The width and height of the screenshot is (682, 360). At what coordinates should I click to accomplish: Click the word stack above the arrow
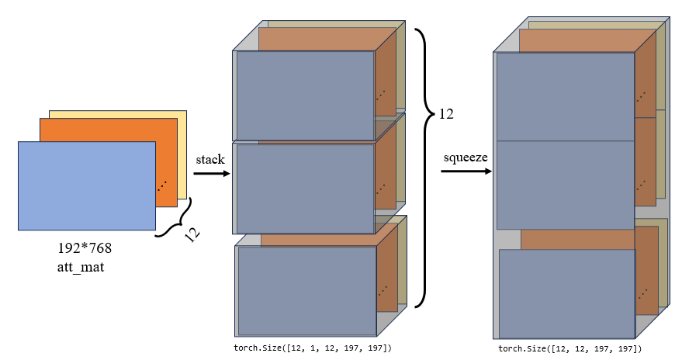pos(210,159)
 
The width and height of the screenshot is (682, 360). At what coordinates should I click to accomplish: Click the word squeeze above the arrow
pos(466,157)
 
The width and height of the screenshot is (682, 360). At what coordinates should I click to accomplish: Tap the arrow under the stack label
pos(211,174)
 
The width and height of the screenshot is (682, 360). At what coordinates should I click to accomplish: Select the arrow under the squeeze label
pos(466,171)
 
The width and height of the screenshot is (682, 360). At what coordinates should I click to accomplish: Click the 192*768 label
pos(85,250)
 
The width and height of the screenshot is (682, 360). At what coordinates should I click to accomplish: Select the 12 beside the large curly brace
pos(445,114)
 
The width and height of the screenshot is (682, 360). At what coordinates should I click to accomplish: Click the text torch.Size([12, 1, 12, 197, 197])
pos(313,348)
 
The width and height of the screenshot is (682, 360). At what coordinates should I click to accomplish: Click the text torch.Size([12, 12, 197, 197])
pos(569,348)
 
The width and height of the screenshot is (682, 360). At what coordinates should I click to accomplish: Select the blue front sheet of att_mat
pos(86,186)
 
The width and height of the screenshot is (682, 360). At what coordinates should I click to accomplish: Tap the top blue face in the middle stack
pos(305,95)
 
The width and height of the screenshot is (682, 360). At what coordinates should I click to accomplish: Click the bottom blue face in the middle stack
pos(306,289)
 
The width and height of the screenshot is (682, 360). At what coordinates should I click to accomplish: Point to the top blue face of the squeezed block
pos(566,97)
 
